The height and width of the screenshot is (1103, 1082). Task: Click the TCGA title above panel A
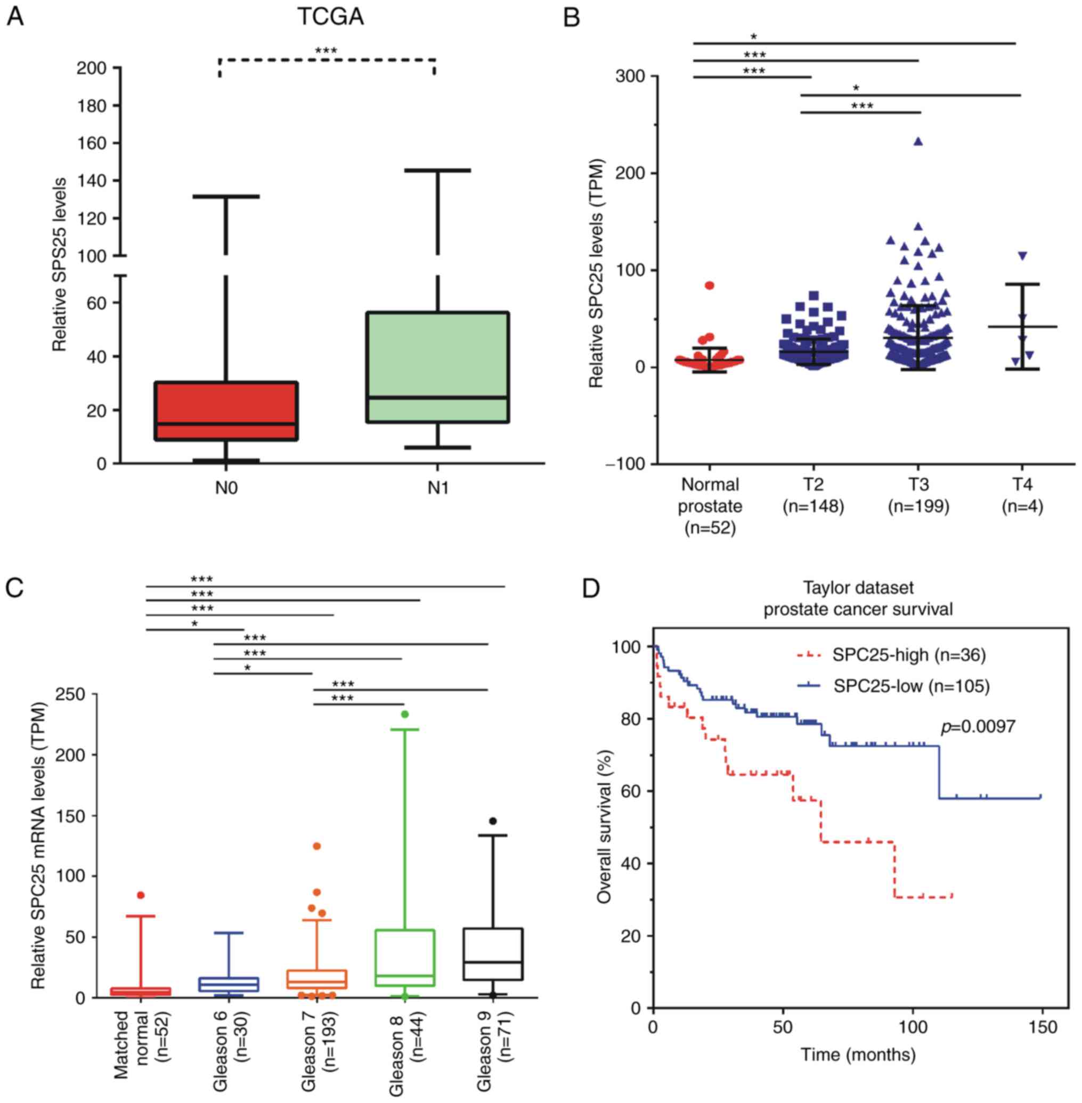point(331,17)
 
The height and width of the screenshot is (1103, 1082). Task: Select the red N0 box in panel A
point(226,410)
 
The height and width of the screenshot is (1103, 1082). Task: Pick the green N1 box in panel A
point(437,367)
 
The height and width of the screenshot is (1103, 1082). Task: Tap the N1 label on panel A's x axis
point(437,488)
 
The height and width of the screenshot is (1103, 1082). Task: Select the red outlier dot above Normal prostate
point(710,285)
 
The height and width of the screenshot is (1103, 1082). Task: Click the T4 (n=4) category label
point(1022,494)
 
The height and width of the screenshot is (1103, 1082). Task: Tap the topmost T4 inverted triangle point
point(1022,256)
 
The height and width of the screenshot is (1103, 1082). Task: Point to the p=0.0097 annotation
point(978,726)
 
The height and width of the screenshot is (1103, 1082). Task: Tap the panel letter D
point(591,589)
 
